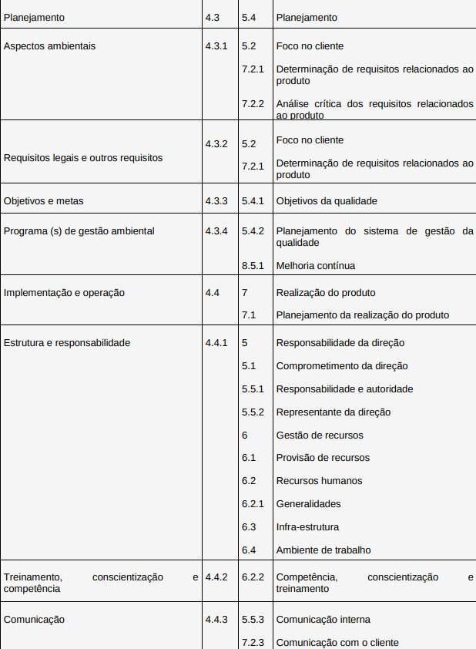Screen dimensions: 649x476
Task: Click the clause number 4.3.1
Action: [216, 46]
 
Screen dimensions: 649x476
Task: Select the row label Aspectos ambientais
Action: [50, 46]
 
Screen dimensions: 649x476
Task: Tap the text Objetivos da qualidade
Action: [327, 201]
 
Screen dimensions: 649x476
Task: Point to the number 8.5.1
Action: [253, 266]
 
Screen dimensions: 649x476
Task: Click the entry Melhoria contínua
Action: [316, 266]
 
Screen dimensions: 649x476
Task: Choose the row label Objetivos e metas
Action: [44, 201]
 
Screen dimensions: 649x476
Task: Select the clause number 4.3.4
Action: [216, 231]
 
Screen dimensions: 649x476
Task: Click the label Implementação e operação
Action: [65, 293]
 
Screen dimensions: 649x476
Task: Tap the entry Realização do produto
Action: [326, 293]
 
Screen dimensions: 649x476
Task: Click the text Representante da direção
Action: [334, 412]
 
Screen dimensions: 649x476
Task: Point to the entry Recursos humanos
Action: [319, 481]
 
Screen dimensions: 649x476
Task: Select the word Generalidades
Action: [308, 504]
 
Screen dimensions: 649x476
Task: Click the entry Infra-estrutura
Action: [307, 527]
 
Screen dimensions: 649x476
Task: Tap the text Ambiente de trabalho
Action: [323, 550]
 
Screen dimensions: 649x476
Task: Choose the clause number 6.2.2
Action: [253, 577]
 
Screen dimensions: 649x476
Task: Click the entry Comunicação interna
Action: [323, 620]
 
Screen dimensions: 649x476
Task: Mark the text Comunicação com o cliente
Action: [337, 642]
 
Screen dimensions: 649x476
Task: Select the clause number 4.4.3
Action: [216, 620]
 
